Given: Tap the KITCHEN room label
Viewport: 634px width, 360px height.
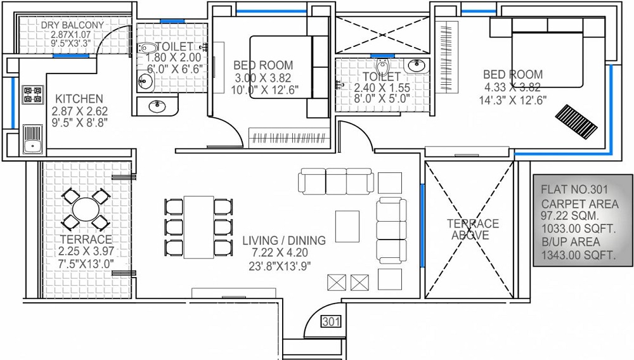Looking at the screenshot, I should coord(79,100).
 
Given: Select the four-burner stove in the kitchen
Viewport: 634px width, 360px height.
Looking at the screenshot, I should coord(32,94).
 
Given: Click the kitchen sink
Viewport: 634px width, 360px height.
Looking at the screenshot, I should coord(32,141).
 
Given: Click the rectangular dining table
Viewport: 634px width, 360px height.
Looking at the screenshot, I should coord(198,226).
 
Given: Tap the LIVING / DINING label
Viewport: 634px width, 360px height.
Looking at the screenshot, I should coord(284,241).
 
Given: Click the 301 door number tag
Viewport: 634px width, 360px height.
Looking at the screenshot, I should coord(331,322).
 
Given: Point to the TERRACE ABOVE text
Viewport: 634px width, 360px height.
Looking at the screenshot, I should coord(472,229).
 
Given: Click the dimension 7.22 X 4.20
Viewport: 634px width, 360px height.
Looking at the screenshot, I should coord(284,254).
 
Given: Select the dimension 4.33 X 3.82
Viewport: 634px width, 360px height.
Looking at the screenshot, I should coord(512,87).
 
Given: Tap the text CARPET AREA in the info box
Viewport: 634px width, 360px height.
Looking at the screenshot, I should coord(579,204).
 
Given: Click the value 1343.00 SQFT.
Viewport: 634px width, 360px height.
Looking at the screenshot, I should coord(578,255).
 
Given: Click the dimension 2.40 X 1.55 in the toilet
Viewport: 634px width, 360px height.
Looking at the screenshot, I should coord(382,88).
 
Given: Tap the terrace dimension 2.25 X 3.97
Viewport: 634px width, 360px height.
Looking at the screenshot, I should coord(85,252).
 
